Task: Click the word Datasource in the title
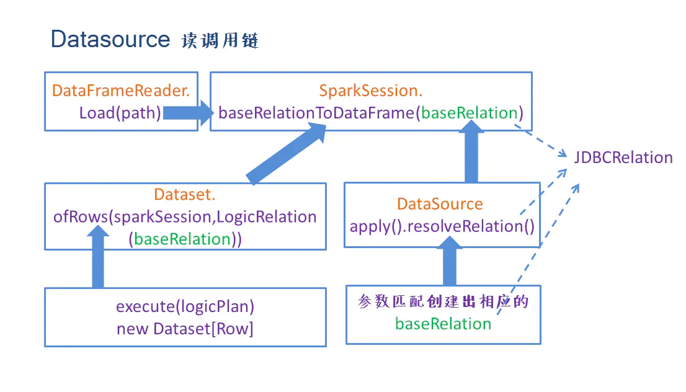click(110, 39)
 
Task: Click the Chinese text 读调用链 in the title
click(220, 41)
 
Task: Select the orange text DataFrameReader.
click(121, 91)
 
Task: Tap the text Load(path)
click(120, 113)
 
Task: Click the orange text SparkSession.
click(370, 91)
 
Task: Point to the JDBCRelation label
click(623, 158)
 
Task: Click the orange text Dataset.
click(185, 195)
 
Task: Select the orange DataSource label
click(440, 204)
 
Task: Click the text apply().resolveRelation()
click(442, 226)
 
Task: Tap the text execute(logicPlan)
click(185, 306)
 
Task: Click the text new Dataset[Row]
click(185, 329)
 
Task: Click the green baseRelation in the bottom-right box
click(443, 324)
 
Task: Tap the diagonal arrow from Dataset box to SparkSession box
click(286, 153)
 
